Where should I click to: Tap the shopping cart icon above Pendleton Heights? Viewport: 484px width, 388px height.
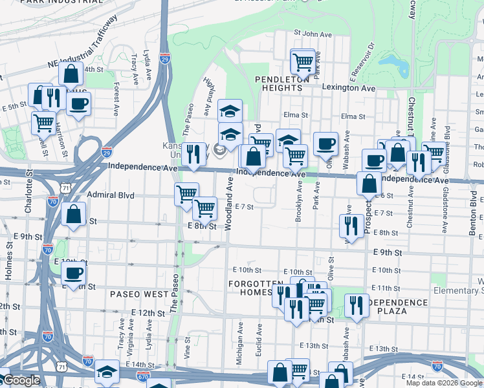click(303, 62)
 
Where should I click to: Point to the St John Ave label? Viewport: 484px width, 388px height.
click(313, 32)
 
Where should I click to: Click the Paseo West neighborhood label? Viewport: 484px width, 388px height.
click(139, 294)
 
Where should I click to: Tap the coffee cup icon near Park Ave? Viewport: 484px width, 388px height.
click(326, 144)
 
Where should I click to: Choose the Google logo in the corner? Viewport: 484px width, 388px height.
click(21, 380)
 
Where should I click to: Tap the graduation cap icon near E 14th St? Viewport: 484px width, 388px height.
click(107, 371)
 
